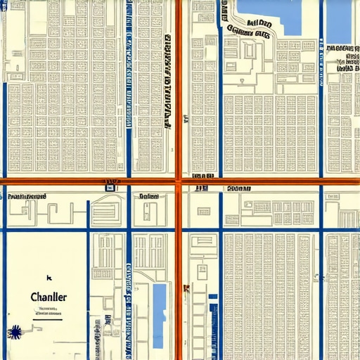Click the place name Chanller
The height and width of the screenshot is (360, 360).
coord(49,297)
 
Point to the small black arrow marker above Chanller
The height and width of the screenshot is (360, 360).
coord(49,278)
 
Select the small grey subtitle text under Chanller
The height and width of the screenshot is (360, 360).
coord(49,311)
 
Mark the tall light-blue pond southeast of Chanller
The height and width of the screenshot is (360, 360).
coord(160,307)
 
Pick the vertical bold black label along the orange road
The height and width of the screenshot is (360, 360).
coord(168,81)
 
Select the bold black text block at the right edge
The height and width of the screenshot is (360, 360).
coord(343,58)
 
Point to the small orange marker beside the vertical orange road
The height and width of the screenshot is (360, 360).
coord(186,288)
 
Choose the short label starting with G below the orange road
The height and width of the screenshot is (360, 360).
coord(149,197)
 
